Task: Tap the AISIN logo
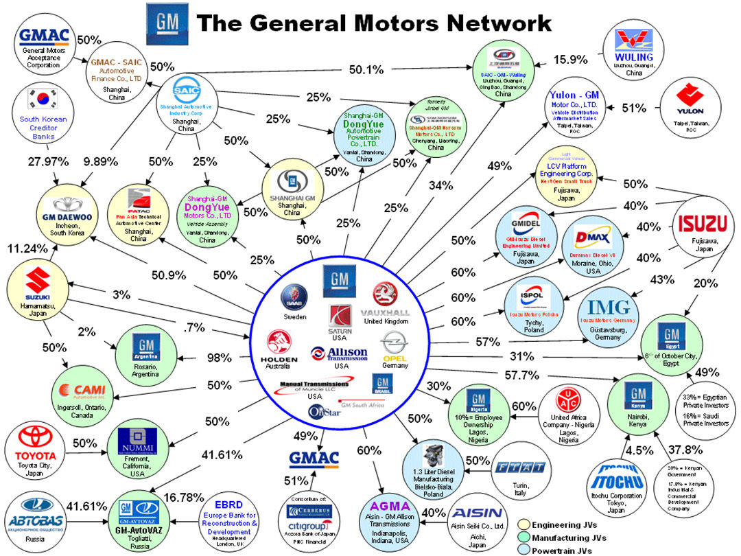click(479, 513)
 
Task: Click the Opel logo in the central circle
click(395, 342)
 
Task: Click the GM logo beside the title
click(165, 23)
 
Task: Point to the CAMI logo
click(90, 390)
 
